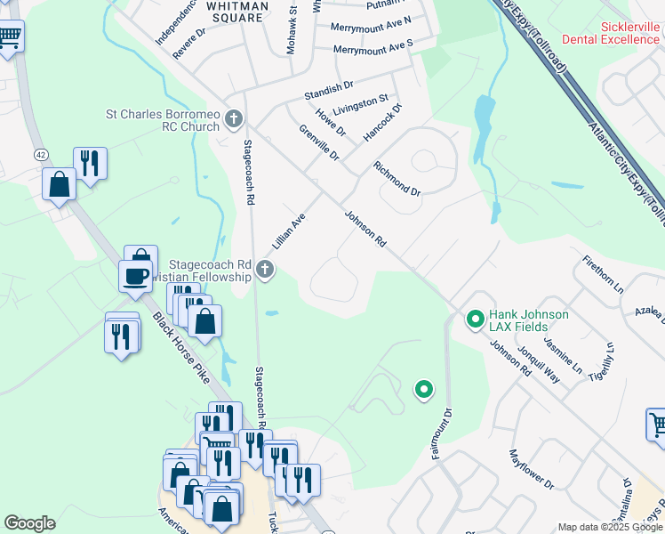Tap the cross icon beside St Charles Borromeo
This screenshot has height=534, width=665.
(x=234, y=118)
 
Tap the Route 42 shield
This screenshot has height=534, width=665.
(x=41, y=154)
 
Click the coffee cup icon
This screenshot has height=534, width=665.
(x=135, y=276)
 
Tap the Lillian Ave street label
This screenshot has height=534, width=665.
(x=289, y=231)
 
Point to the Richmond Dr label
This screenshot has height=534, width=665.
(x=397, y=178)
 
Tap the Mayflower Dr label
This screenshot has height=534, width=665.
(x=532, y=470)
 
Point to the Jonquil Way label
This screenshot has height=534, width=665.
(x=539, y=364)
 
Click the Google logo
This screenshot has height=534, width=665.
(x=29, y=523)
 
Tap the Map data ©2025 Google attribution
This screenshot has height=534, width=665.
(x=610, y=527)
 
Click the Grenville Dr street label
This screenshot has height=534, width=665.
(x=319, y=143)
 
